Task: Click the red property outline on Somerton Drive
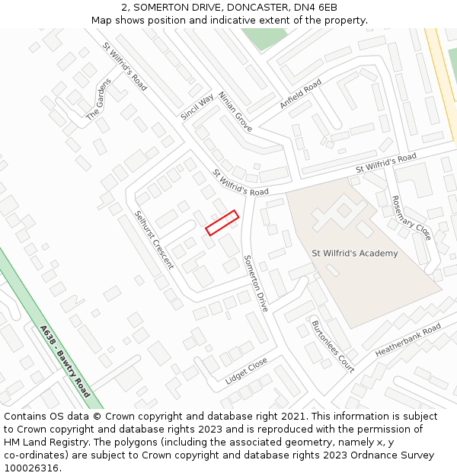click(222, 223)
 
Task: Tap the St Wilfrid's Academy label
click(354, 254)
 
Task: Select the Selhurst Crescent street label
click(154, 240)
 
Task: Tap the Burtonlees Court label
click(333, 347)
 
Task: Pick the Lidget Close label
click(246, 370)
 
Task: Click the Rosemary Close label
click(411, 218)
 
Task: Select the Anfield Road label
click(300, 94)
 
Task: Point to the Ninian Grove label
click(235, 112)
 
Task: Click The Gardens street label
click(98, 99)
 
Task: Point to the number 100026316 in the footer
click(30, 468)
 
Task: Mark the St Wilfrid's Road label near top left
click(125, 66)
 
